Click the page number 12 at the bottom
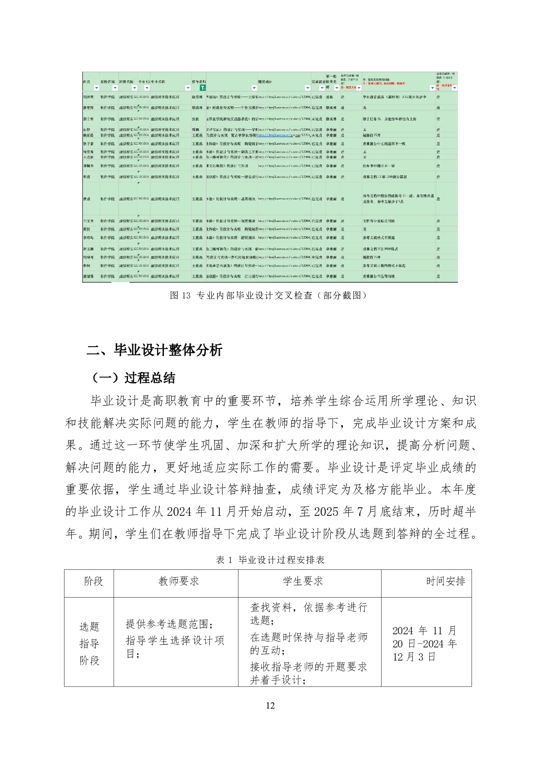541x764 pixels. [x=270, y=705]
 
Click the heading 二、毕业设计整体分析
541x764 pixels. [x=154, y=350]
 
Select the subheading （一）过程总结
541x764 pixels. [x=133, y=378]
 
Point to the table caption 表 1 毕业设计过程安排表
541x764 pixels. [x=270, y=560]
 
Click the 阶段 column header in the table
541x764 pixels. [x=94, y=581]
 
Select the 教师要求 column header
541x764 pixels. [x=179, y=581]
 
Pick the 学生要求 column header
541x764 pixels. [x=303, y=581]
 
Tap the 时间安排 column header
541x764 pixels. [x=445, y=581]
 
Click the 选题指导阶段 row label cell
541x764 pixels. [x=89, y=643]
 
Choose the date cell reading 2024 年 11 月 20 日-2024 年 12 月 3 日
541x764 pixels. [x=424, y=643]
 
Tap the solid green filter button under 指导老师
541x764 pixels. [x=203, y=88]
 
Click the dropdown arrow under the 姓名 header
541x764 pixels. [x=96, y=88]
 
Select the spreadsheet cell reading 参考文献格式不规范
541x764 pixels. [x=379, y=238]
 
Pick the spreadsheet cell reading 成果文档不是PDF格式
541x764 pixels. [x=380, y=249]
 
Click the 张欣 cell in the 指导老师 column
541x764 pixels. [x=195, y=119]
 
